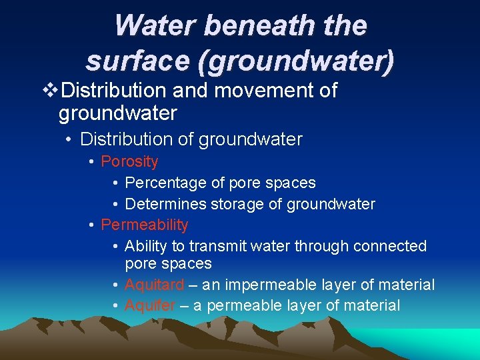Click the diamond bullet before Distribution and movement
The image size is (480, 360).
point(46,90)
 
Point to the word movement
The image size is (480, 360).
point(256,90)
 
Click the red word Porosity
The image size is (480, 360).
point(129,161)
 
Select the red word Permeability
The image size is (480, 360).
point(145,225)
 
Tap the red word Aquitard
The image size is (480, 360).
point(154,285)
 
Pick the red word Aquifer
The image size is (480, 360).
point(150,305)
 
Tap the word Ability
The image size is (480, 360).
point(147,246)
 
